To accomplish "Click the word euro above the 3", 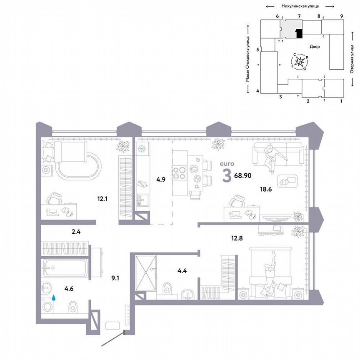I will click(227, 165).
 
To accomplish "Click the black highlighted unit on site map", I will click(299, 33).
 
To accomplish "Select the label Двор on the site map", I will click(315, 47).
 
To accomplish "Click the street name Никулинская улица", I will click(300, 6).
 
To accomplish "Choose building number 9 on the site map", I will click(341, 16).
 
